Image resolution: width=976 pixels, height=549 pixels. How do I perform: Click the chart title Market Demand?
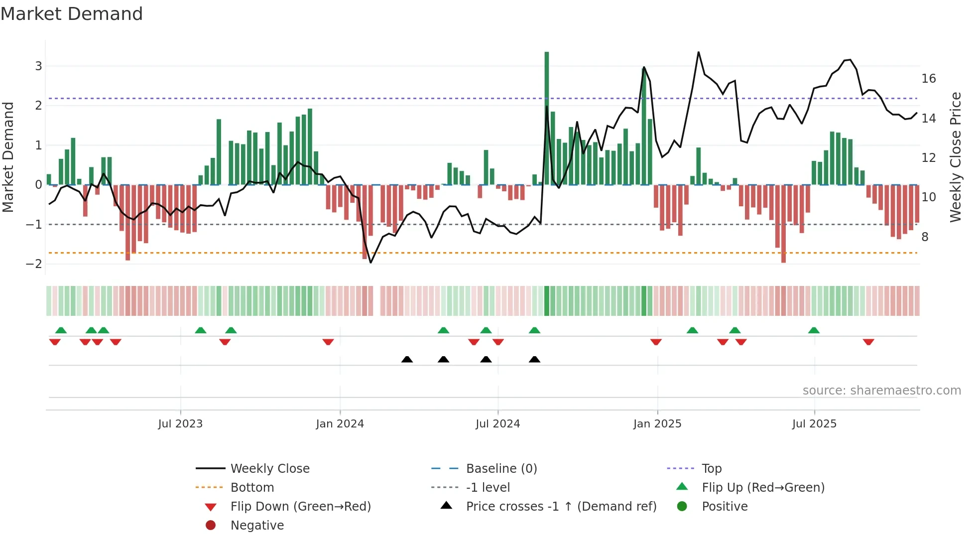pos(72,14)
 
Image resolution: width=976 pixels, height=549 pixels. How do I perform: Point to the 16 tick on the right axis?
pos(928,79)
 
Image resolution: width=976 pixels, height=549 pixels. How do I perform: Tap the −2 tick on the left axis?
pos(34,264)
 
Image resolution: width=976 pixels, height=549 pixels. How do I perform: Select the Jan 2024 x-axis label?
pos(340,424)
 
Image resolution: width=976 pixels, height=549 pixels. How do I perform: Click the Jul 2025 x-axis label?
pos(814,424)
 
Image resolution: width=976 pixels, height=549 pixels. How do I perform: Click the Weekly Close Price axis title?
pos(955,157)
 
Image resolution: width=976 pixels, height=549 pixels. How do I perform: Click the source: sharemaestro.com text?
pos(881,391)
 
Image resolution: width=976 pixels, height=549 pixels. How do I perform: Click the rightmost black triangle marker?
pos(534,359)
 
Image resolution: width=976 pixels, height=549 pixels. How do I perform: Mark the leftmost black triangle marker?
pos(407,359)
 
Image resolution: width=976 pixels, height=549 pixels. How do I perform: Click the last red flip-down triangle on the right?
pos(868,342)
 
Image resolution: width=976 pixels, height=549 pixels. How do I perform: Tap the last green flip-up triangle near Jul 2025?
pos(814,330)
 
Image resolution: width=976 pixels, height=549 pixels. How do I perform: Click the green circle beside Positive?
pos(682,507)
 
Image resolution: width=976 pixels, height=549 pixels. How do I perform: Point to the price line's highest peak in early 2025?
pos(699,52)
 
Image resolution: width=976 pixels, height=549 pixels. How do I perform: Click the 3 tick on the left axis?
pos(38,66)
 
